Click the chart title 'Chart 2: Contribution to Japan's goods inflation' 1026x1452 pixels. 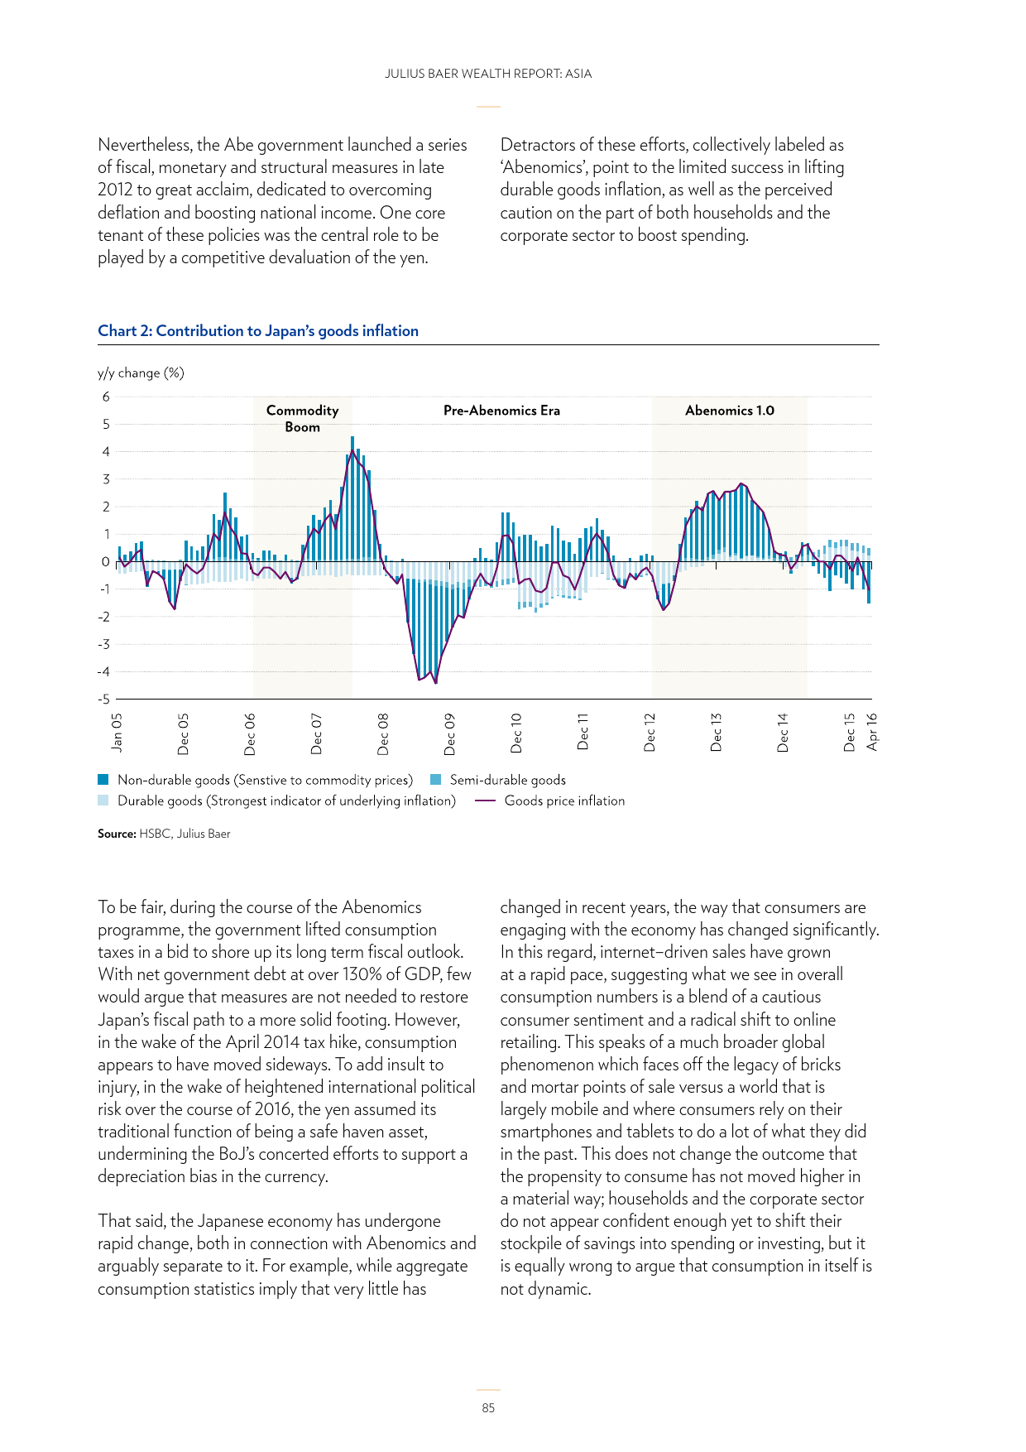click(258, 331)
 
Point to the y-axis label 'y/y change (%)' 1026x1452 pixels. click(141, 373)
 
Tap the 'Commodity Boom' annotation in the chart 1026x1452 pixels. click(302, 419)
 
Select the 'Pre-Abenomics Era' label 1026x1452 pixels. click(501, 411)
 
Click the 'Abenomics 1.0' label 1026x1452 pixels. click(729, 411)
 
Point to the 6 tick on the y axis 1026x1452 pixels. click(106, 397)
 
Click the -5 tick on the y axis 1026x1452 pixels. click(103, 700)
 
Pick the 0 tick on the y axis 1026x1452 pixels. click(106, 562)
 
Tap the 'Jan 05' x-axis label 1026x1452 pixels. click(117, 732)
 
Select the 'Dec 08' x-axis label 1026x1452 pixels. click(383, 733)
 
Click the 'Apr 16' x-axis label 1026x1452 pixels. click(871, 732)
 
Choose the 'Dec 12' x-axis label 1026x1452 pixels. click(650, 733)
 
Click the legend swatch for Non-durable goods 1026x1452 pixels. click(103, 780)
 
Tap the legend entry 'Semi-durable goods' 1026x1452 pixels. click(507, 780)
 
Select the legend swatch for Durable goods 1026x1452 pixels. click(103, 801)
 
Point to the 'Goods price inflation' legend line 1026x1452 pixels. click(486, 801)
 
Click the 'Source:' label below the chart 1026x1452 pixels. click(117, 834)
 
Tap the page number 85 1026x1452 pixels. click(488, 1407)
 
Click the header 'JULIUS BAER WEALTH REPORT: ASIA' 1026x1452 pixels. click(488, 74)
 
